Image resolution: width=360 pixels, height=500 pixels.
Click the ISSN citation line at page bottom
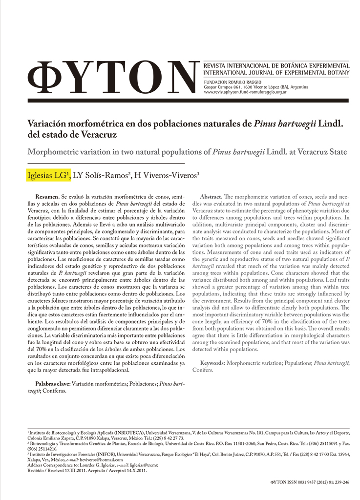pyautogui.click(x=309, y=481)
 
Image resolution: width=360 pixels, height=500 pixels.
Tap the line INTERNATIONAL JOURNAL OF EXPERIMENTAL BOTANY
pyautogui.click(x=276, y=73)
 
